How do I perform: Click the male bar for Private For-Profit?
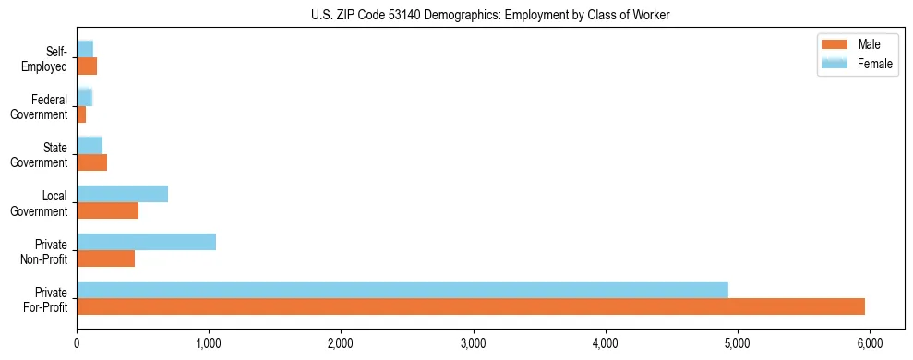coord(471,306)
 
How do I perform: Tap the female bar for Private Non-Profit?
coord(146,241)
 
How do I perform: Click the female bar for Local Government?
coord(122,193)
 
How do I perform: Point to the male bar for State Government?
coord(91,162)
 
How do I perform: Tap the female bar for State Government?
coord(90,145)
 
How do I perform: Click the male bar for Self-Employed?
coord(87,66)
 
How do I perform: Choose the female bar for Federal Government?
coord(84,97)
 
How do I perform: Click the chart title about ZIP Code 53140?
coord(491,14)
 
